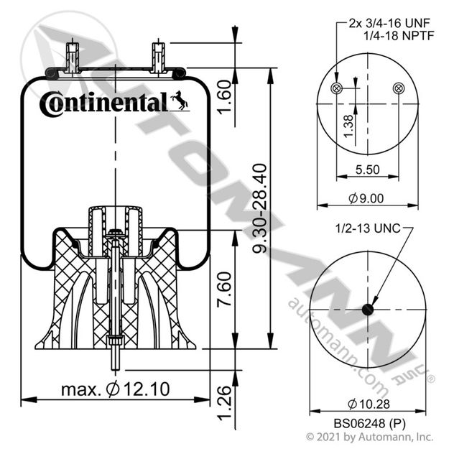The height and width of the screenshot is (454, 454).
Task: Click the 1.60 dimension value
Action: [225, 97]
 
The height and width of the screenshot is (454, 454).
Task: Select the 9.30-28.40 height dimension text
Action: [260, 208]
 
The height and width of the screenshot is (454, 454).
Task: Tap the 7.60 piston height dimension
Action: [225, 289]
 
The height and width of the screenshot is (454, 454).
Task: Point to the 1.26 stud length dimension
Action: [225, 402]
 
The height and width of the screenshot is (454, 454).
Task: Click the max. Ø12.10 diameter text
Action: [115, 389]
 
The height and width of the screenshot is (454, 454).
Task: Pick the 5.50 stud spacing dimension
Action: [367, 170]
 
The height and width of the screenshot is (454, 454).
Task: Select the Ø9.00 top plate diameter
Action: [366, 198]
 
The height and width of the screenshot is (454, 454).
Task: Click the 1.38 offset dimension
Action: [349, 126]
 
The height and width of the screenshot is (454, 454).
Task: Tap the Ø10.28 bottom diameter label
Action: [369, 404]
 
